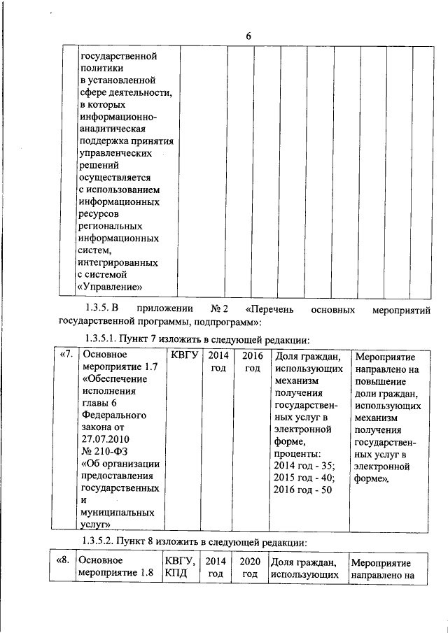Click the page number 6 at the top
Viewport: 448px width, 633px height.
click(248, 36)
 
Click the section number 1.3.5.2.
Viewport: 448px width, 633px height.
click(101, 541)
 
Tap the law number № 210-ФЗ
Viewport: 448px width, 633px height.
click(105, 450)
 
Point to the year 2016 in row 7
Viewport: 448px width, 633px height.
click(251, 355)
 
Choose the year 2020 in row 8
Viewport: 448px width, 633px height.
click(250, 561)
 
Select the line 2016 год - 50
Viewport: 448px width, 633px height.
click(304, 490)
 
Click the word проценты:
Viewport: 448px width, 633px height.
click(299, 453)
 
